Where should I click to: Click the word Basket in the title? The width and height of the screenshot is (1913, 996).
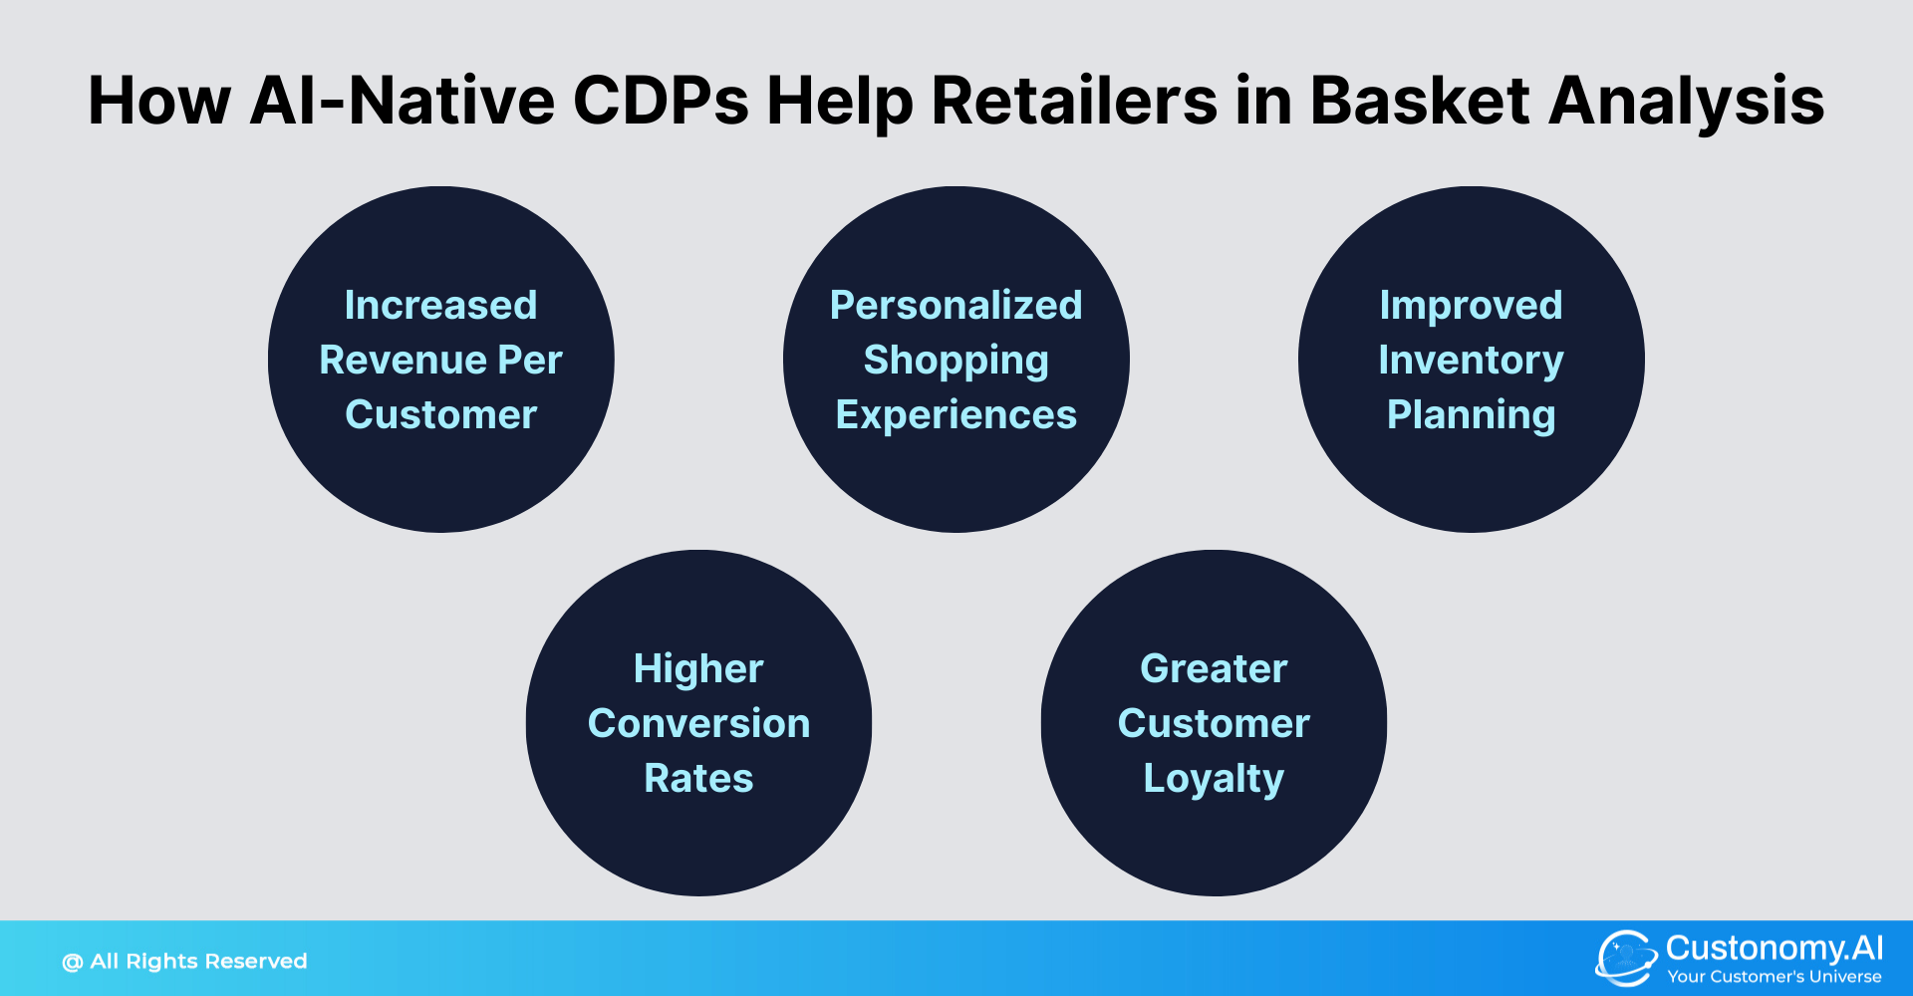(1419, 101)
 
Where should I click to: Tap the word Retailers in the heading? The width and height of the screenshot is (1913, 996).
(1074, 101)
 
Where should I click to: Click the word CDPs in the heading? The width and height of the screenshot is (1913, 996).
(661, 101)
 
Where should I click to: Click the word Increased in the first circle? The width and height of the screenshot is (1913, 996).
(440, 305)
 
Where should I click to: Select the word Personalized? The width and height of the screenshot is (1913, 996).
(956, 305)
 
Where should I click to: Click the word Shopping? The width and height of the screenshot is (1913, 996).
(956, 361)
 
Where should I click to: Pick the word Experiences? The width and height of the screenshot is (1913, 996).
(956, 415)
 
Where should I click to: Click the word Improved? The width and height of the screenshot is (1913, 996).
(1471, 305)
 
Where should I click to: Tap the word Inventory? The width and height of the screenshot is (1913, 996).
(1471, 360)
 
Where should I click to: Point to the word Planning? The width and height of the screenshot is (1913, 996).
(1471, 415)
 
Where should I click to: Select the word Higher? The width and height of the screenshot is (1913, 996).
(698, 668)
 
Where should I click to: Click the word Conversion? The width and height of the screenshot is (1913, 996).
(698, 723)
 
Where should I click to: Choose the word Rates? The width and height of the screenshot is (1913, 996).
(698, 778)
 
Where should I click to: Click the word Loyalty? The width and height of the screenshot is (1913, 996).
(1214, 779)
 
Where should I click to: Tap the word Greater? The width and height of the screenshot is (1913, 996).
(1214, 668)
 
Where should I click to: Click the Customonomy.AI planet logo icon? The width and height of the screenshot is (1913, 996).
(1625, 958)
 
